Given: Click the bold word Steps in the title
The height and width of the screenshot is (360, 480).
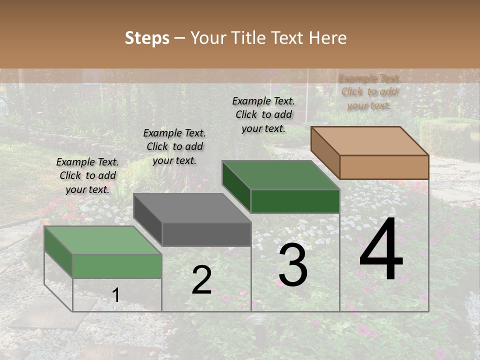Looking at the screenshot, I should (147, 38).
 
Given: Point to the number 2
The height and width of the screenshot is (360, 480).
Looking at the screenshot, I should (201, 280).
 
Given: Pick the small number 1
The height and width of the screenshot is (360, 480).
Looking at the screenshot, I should (115, 295).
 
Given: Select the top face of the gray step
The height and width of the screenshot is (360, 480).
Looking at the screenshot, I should (192, 208).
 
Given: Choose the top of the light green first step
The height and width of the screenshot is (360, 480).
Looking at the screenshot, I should (103, 240).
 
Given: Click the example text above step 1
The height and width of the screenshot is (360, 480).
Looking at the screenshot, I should (87, 175).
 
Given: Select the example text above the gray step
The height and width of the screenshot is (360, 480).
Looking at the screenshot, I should (174, 146).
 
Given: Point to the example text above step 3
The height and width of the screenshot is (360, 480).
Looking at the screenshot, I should (263, 114).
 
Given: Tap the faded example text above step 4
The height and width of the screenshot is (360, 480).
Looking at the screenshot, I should (369, 91).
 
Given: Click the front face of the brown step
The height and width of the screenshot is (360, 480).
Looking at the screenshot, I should (384, 167).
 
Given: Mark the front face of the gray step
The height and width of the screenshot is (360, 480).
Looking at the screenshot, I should (206, 234).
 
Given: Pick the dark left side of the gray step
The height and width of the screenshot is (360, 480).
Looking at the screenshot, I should (148, 220).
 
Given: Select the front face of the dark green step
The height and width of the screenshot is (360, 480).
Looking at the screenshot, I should (295, 201).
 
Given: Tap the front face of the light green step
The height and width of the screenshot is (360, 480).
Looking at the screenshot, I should (117, 265).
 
